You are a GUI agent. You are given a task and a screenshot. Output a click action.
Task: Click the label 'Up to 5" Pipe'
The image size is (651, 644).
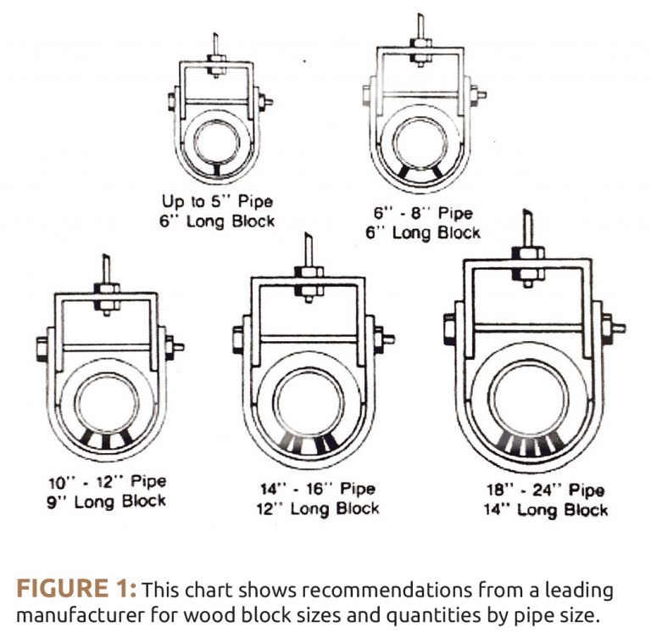point(218,203)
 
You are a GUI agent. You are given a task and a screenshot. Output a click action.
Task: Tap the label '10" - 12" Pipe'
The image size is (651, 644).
point(107,482)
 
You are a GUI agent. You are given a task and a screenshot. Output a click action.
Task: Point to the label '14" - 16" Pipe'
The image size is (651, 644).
point(318,490)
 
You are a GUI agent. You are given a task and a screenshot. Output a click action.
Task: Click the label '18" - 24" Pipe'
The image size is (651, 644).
point(546,490)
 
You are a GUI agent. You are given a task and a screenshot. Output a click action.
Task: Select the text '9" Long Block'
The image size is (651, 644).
point(107,501)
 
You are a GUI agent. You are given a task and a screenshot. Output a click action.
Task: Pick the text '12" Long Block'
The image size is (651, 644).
point(318,508)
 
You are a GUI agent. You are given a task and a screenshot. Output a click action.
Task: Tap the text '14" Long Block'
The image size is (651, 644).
point(546,510)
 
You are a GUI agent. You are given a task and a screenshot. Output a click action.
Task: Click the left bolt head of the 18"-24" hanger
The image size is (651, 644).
point(449,328)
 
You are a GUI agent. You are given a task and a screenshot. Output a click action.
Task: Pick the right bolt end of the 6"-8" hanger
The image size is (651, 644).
point(479,94)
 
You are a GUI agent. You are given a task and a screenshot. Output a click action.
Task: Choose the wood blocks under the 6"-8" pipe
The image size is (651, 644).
point(421,173)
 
